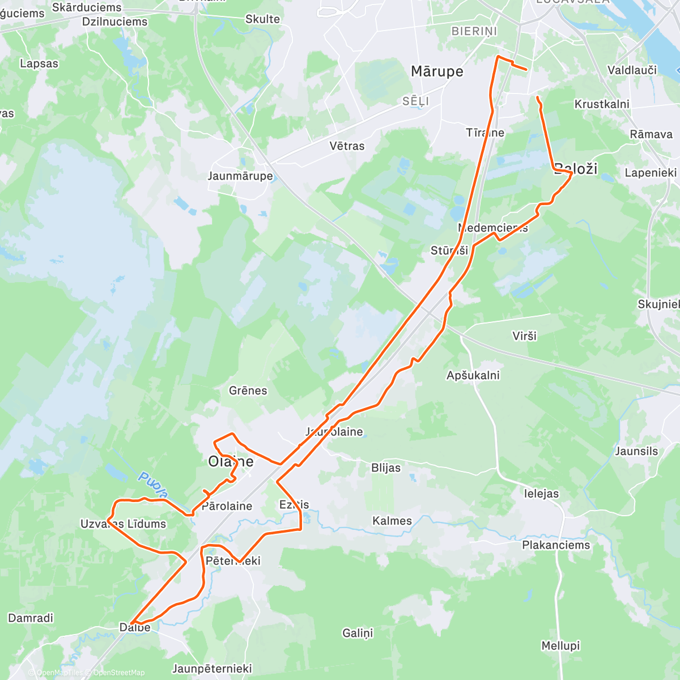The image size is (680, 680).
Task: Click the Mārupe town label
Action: [x=436, y=71]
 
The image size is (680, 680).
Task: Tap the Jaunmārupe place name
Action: [x=240, y=176]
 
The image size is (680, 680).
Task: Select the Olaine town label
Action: [x=231, y=461]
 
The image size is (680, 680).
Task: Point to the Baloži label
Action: [x=576, y=168]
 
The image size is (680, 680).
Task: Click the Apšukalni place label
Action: [x=473, y=375]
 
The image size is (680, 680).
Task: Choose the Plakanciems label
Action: [x=556, y=545]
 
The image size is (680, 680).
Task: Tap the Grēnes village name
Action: [x=248, y=390]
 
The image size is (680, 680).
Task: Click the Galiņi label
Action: [x=358, y=633]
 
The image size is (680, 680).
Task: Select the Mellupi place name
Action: [x=560, y=646]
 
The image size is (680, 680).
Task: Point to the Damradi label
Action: [x=31, y=618]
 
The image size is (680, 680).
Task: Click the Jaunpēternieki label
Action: [x=212, y=669]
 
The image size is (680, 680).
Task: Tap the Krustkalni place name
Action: [x=602, y=104]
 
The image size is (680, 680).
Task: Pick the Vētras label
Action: [x=347, y=146]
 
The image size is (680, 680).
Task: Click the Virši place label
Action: [x=524, y=336]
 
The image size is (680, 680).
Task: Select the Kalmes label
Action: [x=392, y=521]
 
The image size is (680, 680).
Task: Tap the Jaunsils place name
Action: [x=636, y=451]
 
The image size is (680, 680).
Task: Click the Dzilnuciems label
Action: [x=114, y=22]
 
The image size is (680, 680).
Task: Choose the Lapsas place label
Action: [x=39, y=63]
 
